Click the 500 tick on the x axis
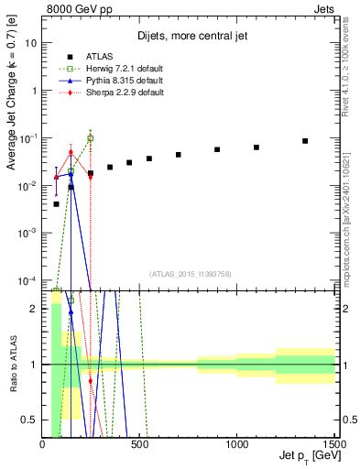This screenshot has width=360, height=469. [140, 444]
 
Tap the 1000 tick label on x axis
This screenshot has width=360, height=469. [237, 444]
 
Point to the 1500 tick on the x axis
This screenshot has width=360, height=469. [333, 444]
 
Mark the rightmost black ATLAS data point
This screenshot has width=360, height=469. [305, 141]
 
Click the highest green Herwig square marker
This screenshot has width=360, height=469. [90, 138]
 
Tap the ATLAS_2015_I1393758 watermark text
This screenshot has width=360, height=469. [189, 273]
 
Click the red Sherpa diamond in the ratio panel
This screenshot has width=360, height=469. [90, 380]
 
